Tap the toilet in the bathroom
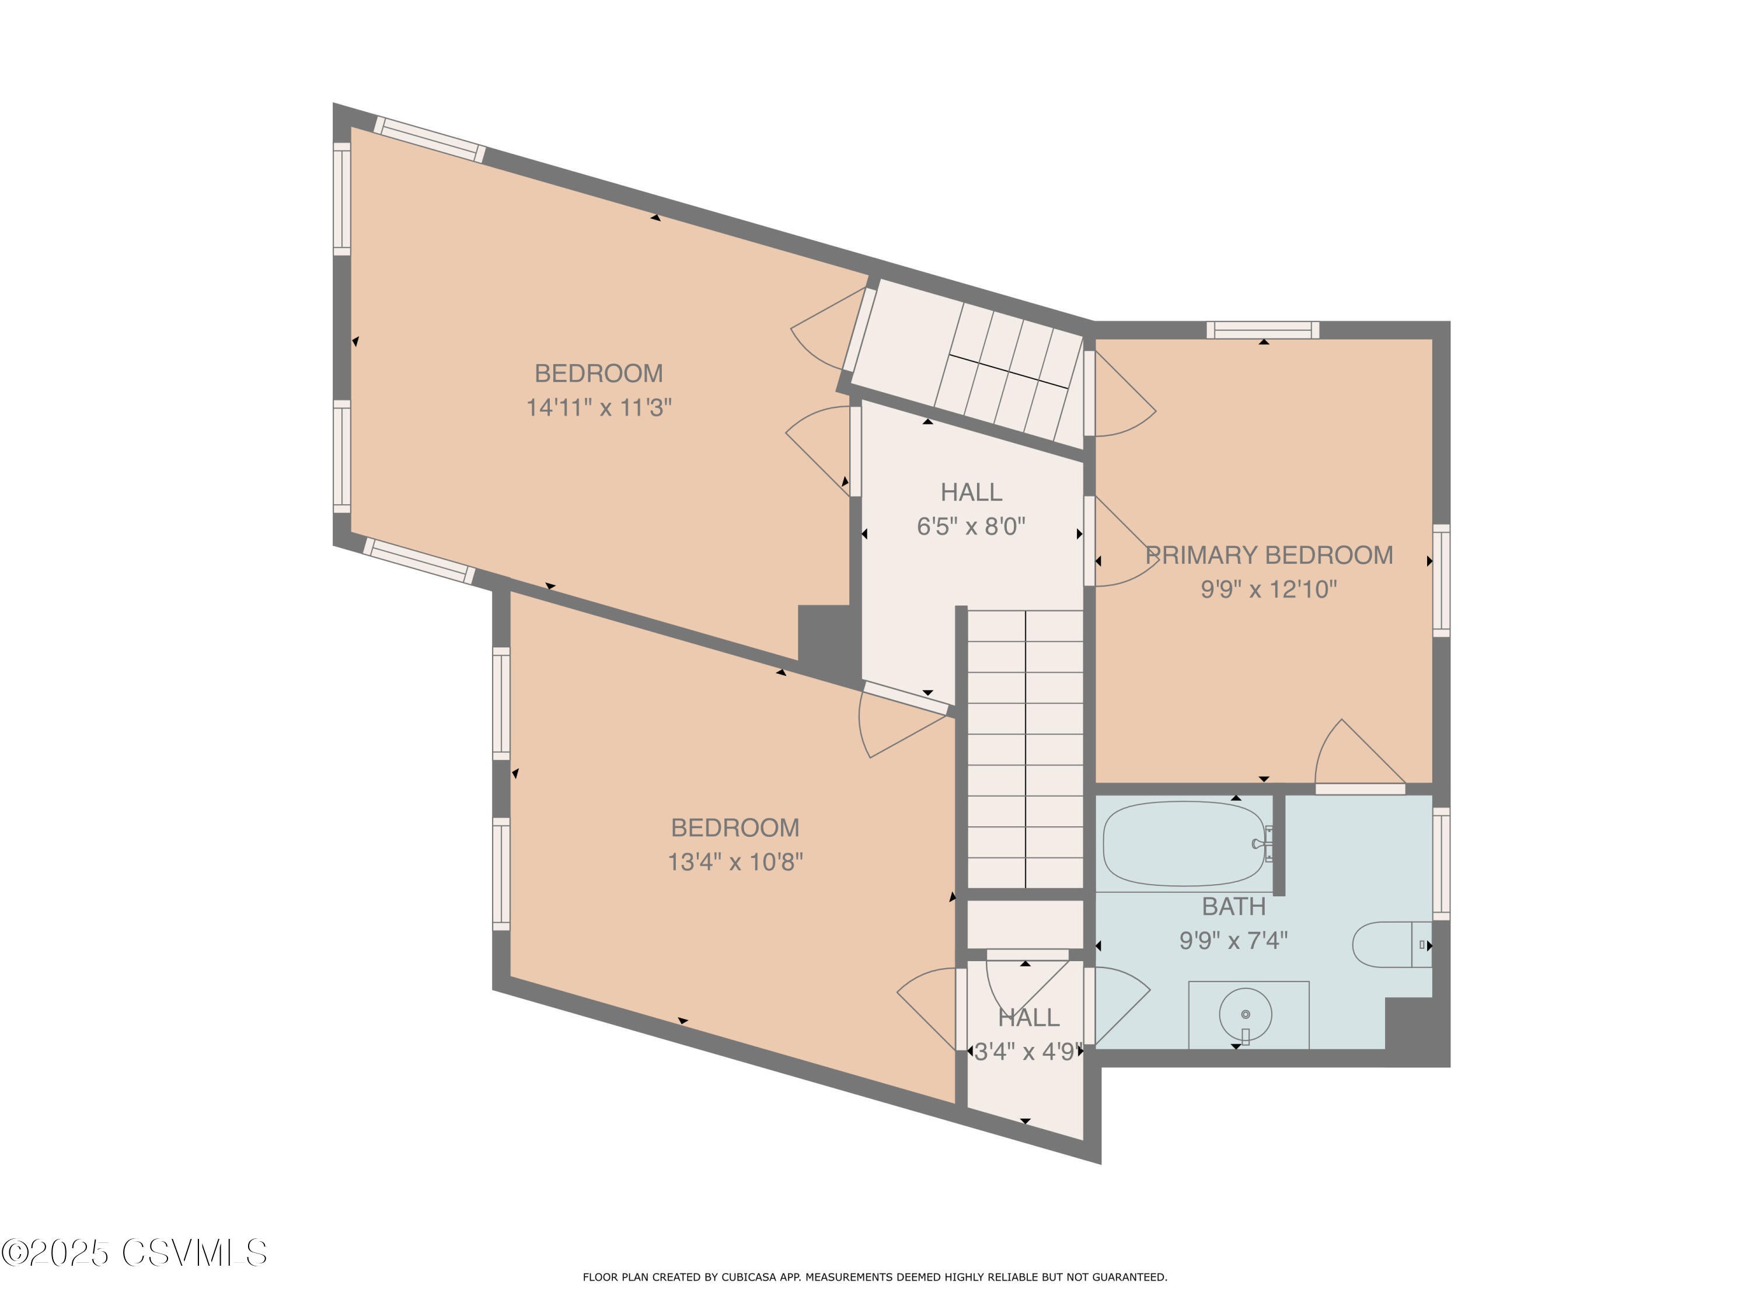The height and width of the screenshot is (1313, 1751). (x=1391, y=944)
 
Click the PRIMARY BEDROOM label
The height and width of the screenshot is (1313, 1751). (x=1269, y=555)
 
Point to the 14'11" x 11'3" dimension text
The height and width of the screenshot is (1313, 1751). (x=599, y=407)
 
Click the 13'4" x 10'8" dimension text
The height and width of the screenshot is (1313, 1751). (x=735, y=862)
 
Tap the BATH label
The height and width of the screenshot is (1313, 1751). (x=1233, y=906)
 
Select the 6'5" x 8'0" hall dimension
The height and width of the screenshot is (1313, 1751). (x=971, y=526)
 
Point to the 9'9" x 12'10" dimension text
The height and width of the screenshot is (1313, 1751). (x=1269, y=589)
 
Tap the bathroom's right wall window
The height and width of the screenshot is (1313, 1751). (x=1442, y=864)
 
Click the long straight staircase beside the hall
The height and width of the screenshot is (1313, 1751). (x=1025, y=749)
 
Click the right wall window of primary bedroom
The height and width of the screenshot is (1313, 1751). (x=1442, y=580)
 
